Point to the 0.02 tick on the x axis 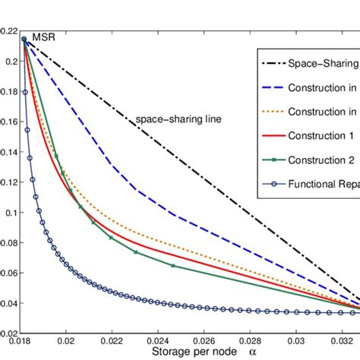[67, 343]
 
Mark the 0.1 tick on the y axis [11, 213]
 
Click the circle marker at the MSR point [24, 39]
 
